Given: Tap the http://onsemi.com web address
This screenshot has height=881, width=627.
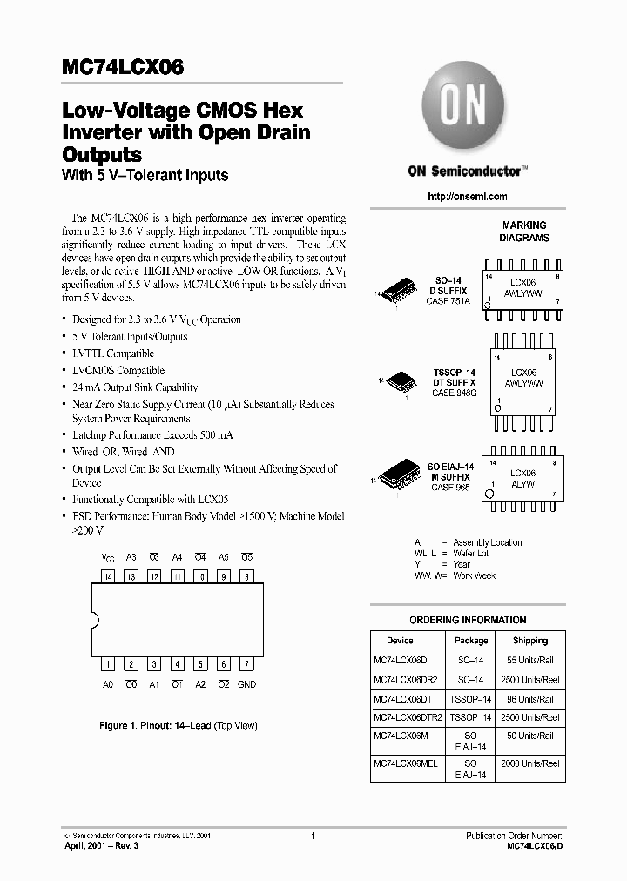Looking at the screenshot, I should coord(468,197).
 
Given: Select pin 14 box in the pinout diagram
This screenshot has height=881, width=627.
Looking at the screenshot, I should coord(109,576).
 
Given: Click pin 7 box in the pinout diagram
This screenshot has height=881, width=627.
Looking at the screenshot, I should coord(246,663).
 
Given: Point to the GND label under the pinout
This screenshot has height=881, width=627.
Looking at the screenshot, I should coord(246,685).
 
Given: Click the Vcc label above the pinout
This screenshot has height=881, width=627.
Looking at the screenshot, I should coord(109,556).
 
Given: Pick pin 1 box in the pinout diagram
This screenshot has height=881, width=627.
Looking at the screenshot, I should coord(109,663).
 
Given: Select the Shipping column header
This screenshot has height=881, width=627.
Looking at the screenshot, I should coord(530,641).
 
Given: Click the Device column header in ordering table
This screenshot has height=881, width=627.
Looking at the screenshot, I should coord(400,641).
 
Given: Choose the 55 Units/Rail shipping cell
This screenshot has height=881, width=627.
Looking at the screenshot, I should coord(530,661).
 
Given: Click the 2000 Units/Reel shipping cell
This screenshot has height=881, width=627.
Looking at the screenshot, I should coord(530,763).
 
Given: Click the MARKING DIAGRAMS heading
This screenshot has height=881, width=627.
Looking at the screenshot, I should coord(524,232).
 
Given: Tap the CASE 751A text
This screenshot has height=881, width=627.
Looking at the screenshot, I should coord(450,301).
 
